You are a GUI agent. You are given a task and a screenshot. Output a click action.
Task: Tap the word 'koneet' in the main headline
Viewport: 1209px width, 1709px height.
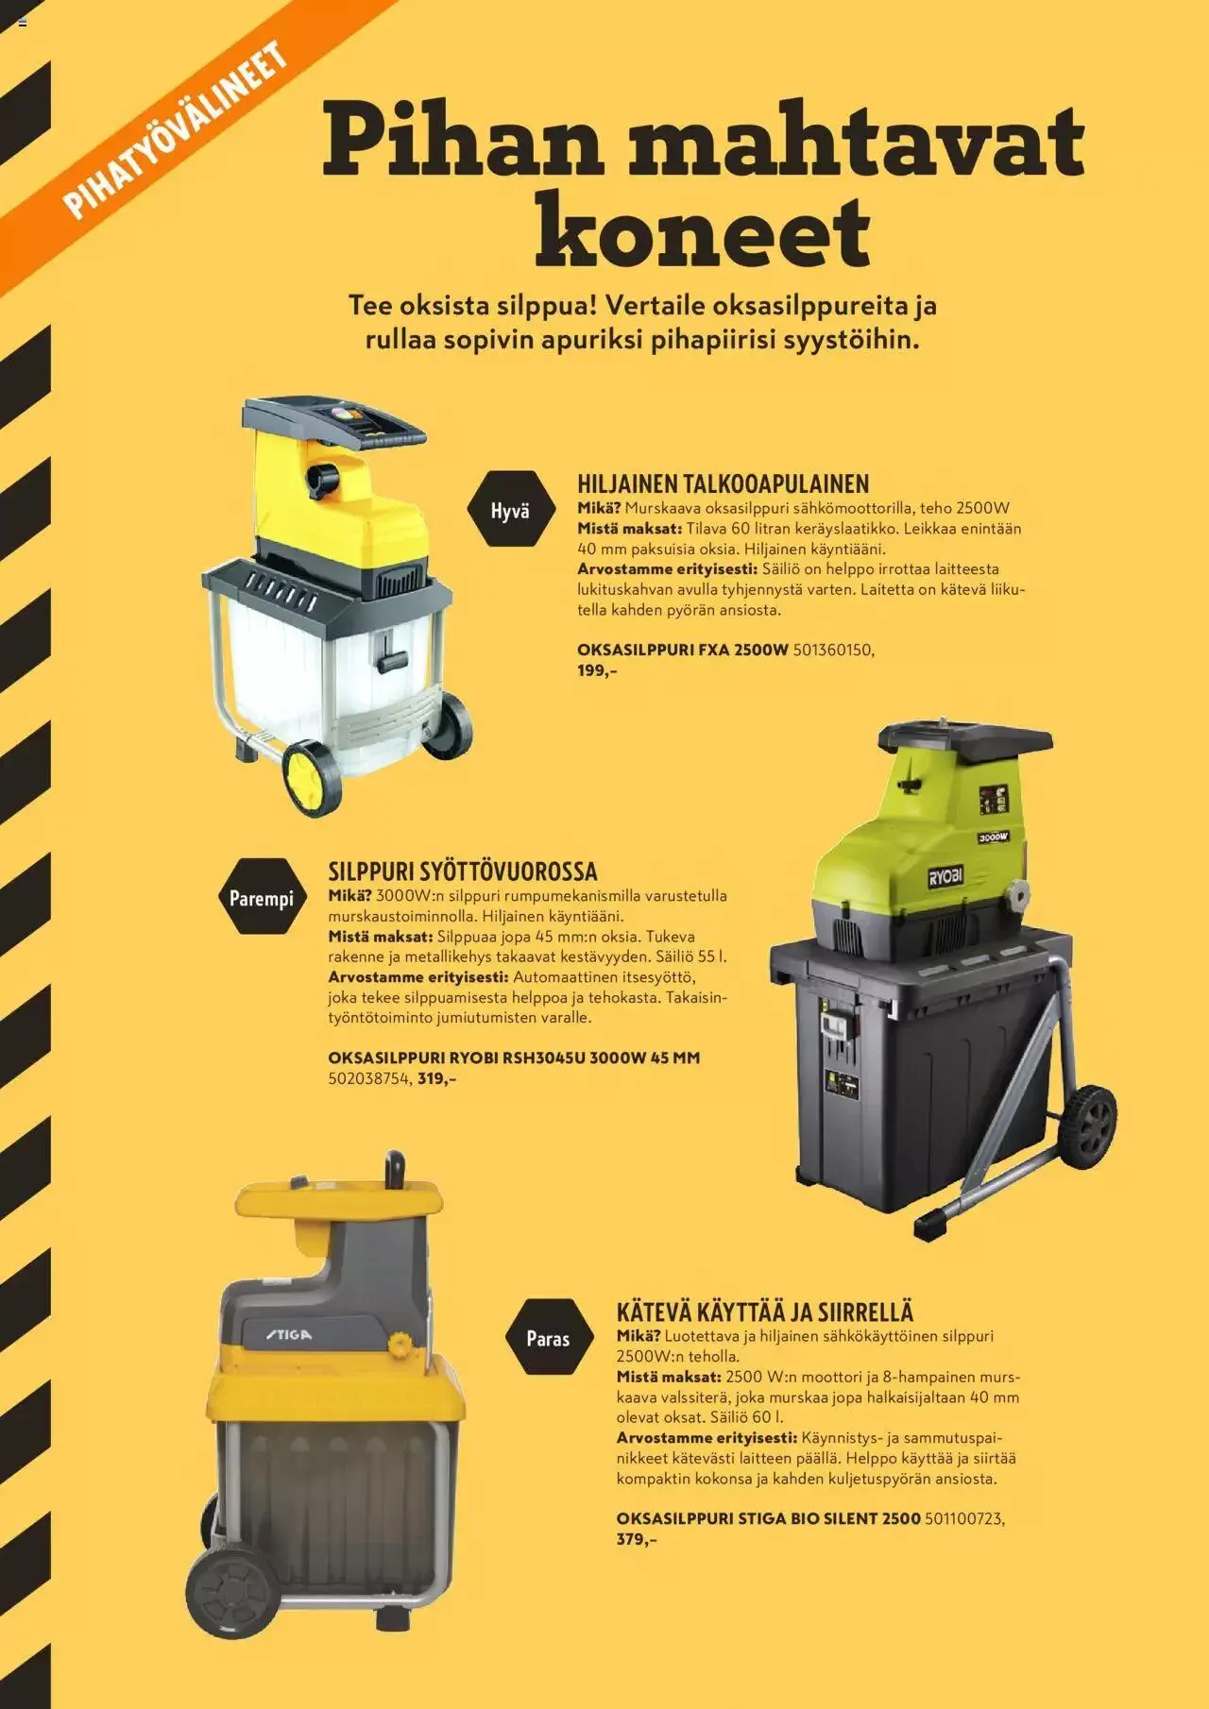[x=702, y=229]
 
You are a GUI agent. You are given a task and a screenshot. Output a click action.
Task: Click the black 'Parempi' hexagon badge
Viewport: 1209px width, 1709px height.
[x=262, y=897]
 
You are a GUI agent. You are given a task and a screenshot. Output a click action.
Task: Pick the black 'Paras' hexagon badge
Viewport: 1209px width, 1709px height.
[x=548, y=1338]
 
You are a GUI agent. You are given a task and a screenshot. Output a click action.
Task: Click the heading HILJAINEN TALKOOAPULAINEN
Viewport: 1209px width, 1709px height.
[x=723, y=483]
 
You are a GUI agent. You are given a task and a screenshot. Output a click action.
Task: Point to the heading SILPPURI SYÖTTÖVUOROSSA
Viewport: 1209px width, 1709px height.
[x=462, y=871]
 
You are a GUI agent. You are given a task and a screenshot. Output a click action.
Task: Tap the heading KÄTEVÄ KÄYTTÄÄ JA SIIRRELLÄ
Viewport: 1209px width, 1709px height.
[x=765, y=1311]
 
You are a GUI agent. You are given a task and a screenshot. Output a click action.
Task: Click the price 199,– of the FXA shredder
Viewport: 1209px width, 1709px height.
[x=596, y=671]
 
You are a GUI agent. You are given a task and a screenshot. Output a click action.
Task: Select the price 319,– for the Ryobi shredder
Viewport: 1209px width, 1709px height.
[x=436, y=1078]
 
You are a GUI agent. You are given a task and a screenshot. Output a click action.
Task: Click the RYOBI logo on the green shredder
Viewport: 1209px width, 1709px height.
[x=945, y=877]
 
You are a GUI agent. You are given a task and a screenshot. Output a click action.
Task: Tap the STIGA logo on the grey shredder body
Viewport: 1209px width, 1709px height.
[x=287, y=1335]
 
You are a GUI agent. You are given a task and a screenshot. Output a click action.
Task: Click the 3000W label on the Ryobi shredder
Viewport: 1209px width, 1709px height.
[x=993, y=837]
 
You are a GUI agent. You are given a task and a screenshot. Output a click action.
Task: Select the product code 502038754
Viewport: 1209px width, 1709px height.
[x=369, y=1078]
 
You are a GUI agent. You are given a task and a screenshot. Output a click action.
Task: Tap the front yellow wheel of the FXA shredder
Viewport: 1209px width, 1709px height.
[x=312, y=776]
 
